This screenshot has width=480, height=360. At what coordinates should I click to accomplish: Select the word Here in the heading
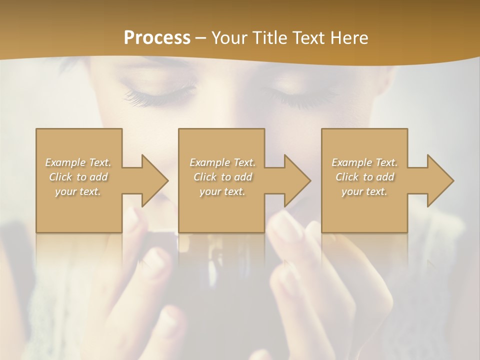click(348, 38)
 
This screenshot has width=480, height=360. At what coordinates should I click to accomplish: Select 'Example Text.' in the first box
click(78, 162)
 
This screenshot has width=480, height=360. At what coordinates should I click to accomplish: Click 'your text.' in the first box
click(78, 191)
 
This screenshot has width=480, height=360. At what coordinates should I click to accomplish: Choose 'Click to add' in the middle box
click(222, 177)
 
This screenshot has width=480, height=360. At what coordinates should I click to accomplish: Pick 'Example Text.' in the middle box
click(222, 162)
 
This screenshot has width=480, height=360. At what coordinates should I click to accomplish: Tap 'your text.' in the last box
click(364, 191)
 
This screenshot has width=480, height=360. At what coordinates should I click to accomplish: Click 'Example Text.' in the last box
click(364, 162)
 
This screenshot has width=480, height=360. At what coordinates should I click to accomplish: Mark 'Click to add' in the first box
click(78, 177)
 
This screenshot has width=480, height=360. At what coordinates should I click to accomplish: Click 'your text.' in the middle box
click(222, 191)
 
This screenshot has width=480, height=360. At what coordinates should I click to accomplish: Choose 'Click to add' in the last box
click(364, 177)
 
